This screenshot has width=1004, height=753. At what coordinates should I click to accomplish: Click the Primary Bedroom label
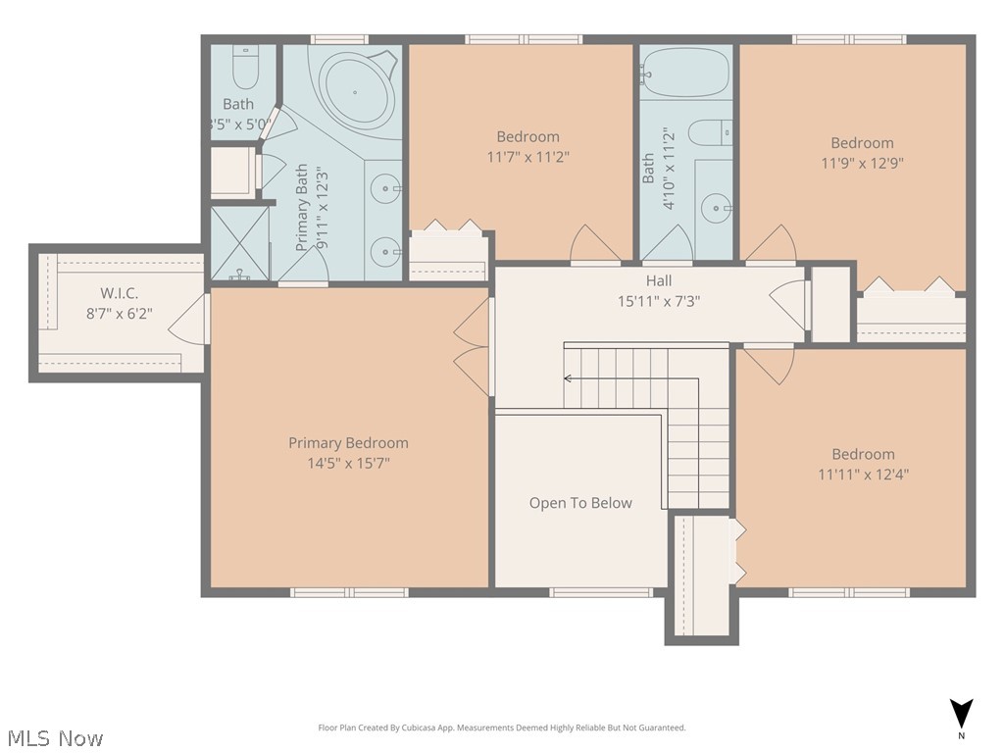[348, 443]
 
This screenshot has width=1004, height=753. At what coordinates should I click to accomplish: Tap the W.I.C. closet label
[119, 293]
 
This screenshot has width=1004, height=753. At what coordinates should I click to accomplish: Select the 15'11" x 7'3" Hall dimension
[658, 301]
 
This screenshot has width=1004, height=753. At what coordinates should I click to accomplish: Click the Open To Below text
[580, 503]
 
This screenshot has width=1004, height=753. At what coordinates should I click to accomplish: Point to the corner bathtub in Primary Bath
[356, 90]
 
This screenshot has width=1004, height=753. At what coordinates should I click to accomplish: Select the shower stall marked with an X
[240, 242]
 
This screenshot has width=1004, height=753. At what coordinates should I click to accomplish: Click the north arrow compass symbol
[962, 714]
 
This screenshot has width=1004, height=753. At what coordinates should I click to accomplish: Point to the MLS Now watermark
[54, 737]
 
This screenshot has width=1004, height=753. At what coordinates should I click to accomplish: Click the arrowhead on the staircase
[568, 377]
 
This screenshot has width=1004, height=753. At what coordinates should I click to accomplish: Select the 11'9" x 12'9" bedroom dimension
[862, 163]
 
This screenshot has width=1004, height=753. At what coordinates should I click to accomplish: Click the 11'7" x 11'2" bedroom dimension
[527, 156]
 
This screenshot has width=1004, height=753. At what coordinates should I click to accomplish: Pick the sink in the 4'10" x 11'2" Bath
[719, 207]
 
